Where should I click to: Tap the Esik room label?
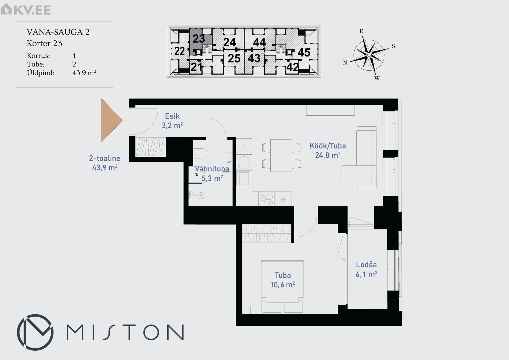click(x=172, y=116)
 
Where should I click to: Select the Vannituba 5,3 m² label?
click(x=212, y=174)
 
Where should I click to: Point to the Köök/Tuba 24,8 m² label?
click(x=328, y=150)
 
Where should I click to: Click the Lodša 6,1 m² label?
click(x=366, y=269)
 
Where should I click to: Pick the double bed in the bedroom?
click(x=283, y=287)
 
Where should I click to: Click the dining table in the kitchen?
click(x=281, y=155)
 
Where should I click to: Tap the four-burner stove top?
click(x=266, y=199)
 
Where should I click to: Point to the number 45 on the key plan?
click(x=304, y=53)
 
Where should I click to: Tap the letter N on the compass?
click(x=345, y=63)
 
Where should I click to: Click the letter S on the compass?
click(x=393, y=46)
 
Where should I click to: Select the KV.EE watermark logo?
click(x=25, y=10)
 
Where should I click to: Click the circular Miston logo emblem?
click(x=35, y=332)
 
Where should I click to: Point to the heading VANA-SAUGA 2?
click(x=58, y=32)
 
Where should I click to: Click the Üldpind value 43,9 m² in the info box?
click(x=84, y=73)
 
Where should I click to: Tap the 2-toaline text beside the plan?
click(x=104, y=158)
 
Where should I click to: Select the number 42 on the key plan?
click(x=292, y=67)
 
